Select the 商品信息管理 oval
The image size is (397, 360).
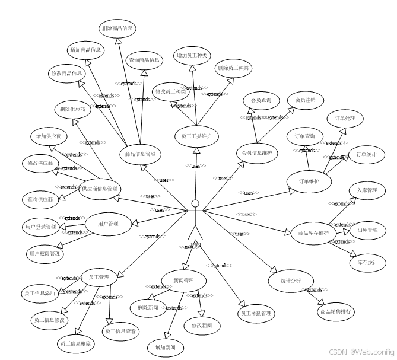click(140, 154)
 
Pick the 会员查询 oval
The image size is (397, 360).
click(261, 100)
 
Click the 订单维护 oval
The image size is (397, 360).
click(309, 181)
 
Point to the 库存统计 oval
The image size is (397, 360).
click(367, 263)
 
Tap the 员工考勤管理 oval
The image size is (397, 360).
click(255, 313)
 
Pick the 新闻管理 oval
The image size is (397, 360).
click(183, 281)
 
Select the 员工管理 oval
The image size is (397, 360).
click(99, 278)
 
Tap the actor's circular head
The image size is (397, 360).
click(195, 205)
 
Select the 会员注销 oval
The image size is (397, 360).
click(305, 100)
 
